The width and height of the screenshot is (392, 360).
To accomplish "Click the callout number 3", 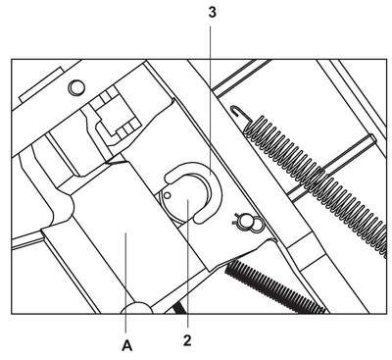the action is (212, 13).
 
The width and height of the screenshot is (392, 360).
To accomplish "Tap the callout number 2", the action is (187, 340).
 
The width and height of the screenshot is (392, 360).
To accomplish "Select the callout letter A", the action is (127, 345).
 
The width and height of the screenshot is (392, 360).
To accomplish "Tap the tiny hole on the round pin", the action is (168, 195).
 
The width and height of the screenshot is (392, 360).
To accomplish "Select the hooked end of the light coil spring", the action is (238, 111).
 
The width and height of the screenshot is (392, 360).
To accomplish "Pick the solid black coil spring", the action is (275, 287).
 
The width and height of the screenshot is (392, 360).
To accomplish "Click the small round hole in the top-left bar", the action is (76, 87).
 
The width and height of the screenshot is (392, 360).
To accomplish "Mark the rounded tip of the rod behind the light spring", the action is (373, 138).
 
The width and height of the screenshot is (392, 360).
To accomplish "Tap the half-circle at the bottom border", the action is (136, 308).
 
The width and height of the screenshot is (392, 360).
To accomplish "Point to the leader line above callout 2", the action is (188, 264).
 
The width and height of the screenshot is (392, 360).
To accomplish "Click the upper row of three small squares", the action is (104, 100).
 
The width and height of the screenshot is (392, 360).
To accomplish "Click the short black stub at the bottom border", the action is (180, 308).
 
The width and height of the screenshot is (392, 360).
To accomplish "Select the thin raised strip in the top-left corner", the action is (41, 84).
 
